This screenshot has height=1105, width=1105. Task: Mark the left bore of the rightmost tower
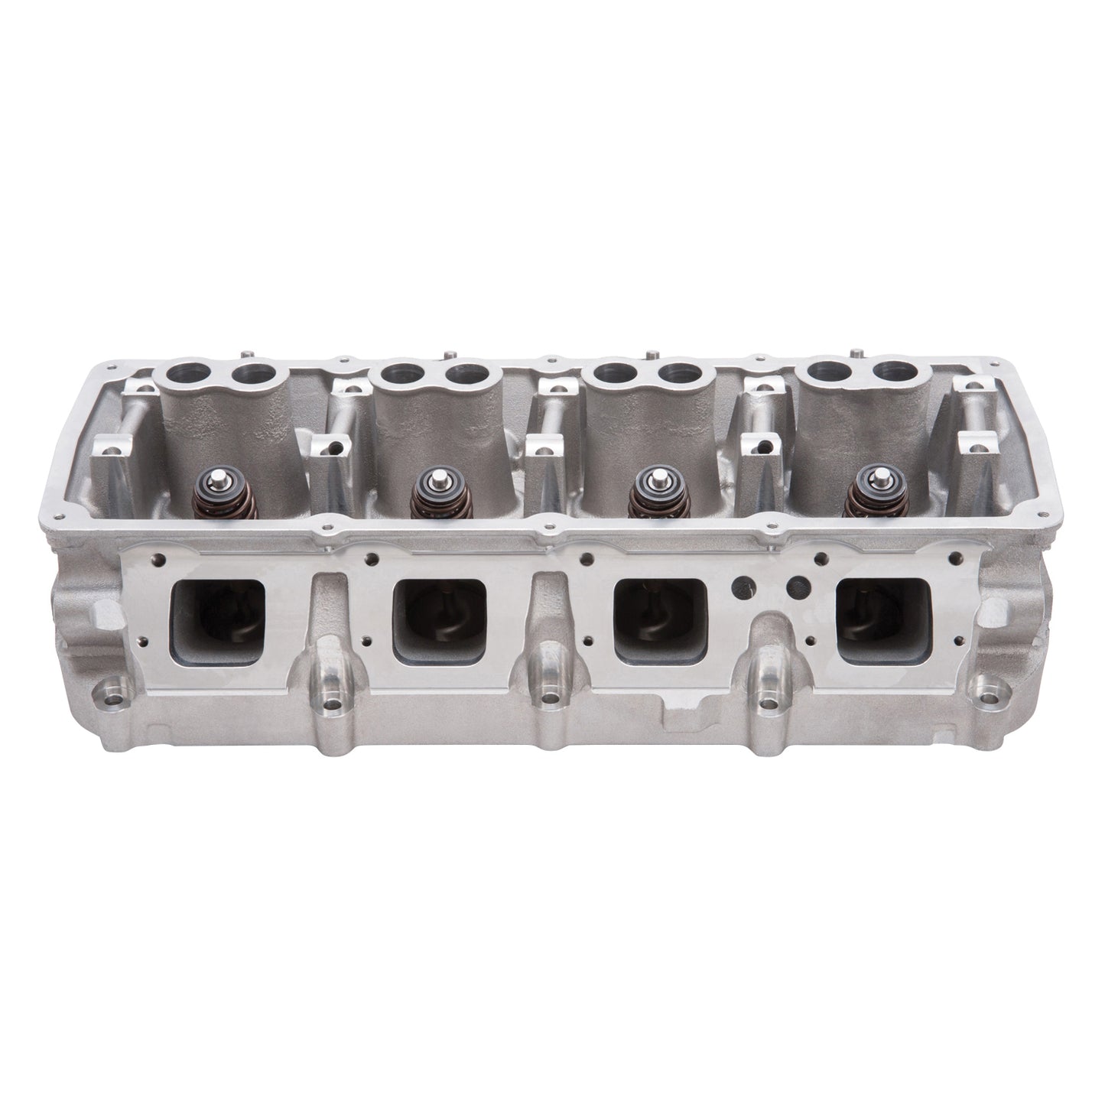click(x=829, y=374)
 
